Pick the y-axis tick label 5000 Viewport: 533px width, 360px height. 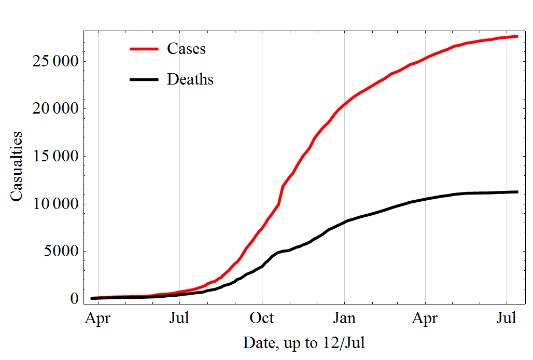click(57, 252)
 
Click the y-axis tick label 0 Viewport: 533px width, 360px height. click(74, 299)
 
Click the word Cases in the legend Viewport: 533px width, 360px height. click(186, 48)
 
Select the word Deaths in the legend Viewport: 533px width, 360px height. click(190, 79)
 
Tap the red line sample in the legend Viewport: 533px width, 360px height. click(143, 48)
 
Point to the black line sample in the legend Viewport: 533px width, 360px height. click(143, 79)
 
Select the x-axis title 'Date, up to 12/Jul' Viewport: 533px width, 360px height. click(304, 343)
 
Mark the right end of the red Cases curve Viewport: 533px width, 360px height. click(517, 36)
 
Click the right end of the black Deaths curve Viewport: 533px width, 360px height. click(517, 192)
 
